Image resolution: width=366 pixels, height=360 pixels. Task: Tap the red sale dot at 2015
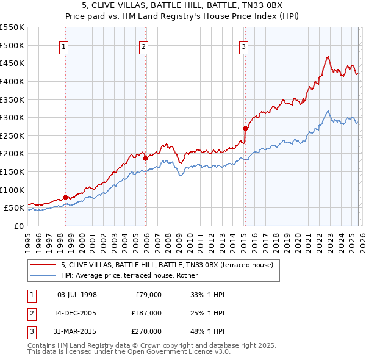pyautogui.click(x=245, y=128)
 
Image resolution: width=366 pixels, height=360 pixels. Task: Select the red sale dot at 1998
pyautogui.click(x=65, y=197)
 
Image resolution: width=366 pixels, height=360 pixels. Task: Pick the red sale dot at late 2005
pyautogui.click(x=146, y=158)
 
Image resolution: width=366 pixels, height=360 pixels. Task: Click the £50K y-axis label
pyautogui.click(x=15, y=208)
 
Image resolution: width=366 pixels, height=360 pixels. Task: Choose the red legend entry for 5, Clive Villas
pyautogui.click(x=170, y=264)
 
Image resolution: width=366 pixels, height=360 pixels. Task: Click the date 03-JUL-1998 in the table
pyautogui.click(x=76, y=295)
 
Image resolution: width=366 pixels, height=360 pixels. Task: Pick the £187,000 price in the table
pyautogui.click(x=147, y=313)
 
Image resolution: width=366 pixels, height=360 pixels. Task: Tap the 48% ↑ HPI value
pyautogui.click(x=207, y=331)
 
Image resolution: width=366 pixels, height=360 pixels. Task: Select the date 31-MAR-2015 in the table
pyautogui.click(x=76, y=331)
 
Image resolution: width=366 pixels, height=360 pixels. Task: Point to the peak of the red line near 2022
pyautogui.click(x=328, y=57)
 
